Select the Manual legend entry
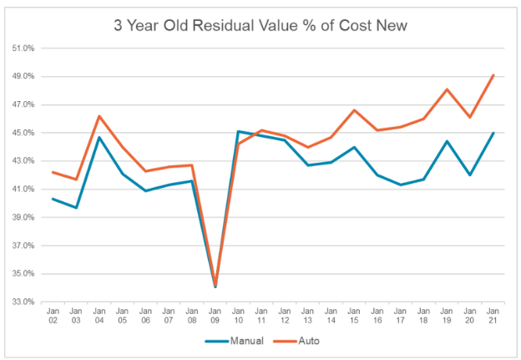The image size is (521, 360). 236,340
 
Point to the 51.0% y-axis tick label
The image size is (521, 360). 23,48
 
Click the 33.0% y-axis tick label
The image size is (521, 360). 23,302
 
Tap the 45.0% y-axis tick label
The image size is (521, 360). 23,133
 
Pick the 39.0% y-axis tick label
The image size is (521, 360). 23,217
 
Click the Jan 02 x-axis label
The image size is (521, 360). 52,316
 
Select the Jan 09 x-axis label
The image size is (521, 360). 215,316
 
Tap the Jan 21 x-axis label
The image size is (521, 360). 493,316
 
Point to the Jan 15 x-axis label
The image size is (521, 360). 354,316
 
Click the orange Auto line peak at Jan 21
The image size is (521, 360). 493,75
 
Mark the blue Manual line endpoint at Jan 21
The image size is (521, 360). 493,133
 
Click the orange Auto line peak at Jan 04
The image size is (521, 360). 99,116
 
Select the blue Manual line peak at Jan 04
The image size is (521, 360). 99,137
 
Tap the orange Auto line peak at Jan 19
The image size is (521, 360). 447,89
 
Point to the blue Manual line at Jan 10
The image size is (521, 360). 238,131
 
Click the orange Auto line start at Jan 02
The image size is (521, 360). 52,172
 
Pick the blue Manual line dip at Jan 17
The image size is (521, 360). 401,185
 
